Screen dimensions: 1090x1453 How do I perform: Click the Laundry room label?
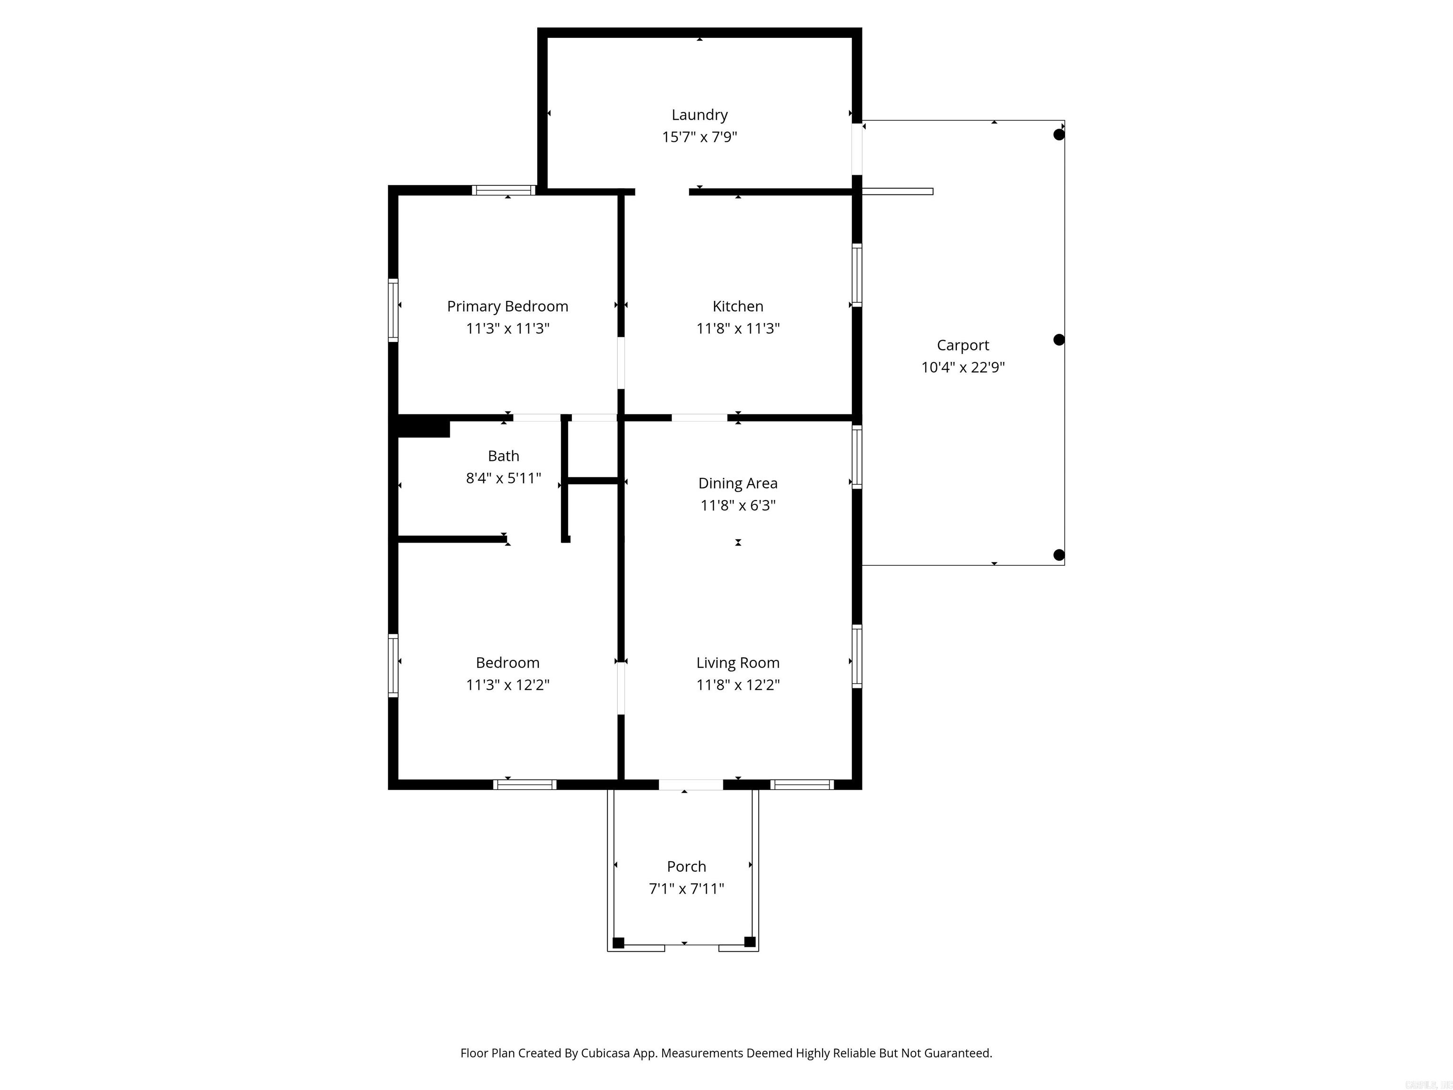click(699, 115)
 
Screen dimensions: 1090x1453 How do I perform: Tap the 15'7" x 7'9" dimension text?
click(699, 137)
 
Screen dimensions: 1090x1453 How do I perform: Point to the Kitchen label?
click(738, 306)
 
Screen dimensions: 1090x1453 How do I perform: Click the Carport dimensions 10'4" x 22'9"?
click(963, 367)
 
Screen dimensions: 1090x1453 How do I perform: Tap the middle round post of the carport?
click(1058, 340)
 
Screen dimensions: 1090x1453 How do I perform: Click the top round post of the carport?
click(1058, 135)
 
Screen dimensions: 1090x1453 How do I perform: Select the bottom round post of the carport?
click(1058, 555)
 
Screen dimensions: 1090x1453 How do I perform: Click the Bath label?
click(503, 456)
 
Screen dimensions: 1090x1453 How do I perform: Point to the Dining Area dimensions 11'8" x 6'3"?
click(738, 505)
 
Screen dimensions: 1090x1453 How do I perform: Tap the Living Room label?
click(738, 663)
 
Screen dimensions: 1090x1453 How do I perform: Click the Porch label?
click(686, 867)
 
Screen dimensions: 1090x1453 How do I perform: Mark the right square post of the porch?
click(750, 941)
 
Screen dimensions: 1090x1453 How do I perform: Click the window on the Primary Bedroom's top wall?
click(504, 191)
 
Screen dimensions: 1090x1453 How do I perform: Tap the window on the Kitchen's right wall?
click(857, 275)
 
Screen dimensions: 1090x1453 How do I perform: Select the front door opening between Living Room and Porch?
click(691, 784)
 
